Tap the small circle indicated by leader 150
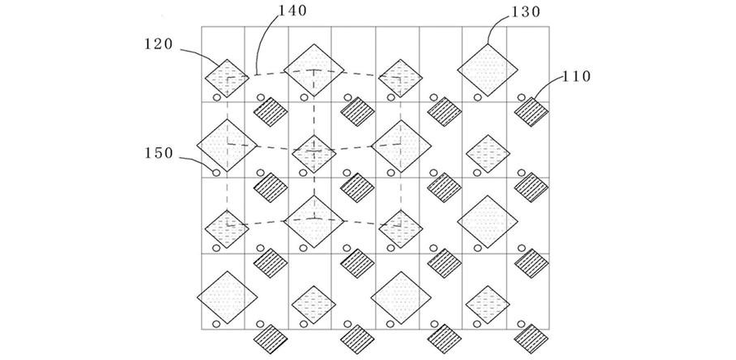pos(217,173)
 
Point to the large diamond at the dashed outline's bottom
pos(313,222)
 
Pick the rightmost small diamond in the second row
pos(488,152)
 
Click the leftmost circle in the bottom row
pos(217,324)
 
